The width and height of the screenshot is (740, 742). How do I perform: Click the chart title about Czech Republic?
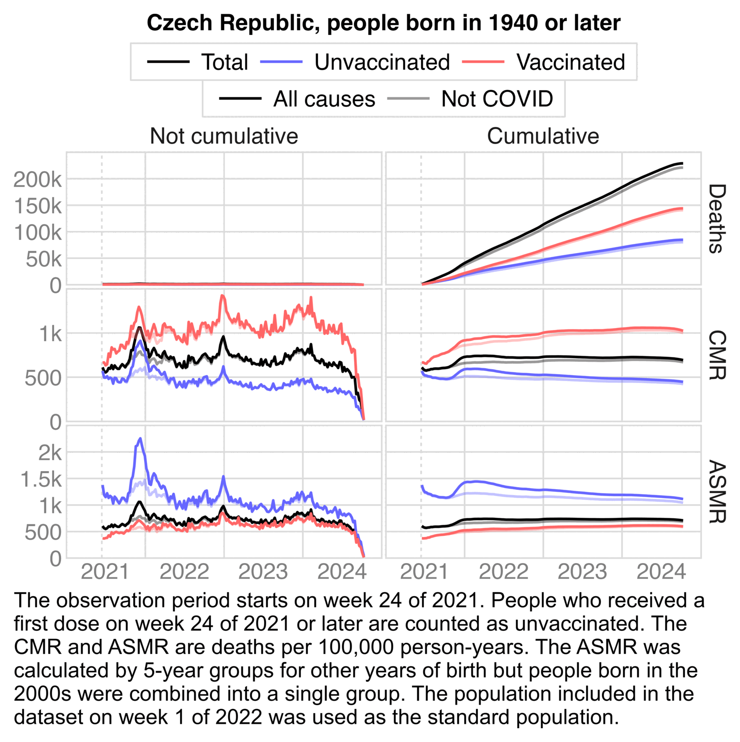(x=384, y=23)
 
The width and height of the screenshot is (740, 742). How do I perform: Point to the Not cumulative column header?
(x=224, y=136)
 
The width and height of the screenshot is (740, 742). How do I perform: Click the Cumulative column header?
(x=543, y=136)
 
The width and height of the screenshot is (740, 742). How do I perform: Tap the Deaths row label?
(x=716, y=218)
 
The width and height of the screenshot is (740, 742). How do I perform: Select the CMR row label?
(x=716, y=355)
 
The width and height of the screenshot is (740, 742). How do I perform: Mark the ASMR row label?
(x=716, y=492)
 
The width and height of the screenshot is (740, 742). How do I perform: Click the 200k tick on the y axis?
(x=37, y=180)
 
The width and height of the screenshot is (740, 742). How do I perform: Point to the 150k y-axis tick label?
(x=37, y=207)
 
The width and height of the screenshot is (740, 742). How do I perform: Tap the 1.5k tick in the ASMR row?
(x=41, y=479)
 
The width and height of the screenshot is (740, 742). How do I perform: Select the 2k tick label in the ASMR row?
(x=50, y=453)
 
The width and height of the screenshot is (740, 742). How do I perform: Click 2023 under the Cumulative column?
(x=582, y=572)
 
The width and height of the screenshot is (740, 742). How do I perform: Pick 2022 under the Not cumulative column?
(x=184, y=572)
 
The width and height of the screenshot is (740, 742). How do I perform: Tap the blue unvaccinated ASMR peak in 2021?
(x=140, y=439)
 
